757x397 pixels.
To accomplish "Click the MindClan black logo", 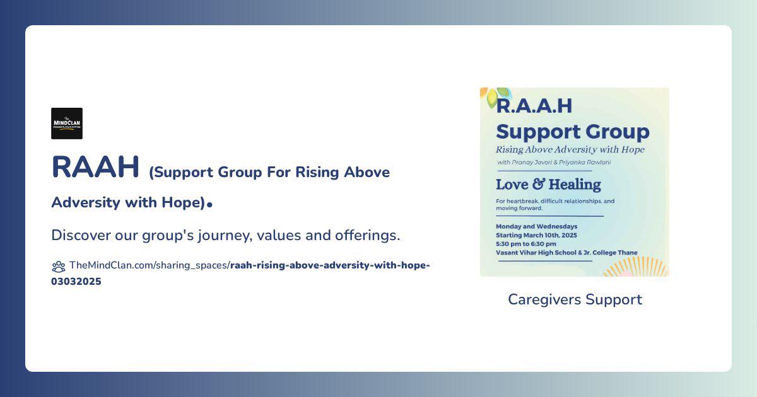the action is click(67, 124).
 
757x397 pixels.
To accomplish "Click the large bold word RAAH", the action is click(95, 167).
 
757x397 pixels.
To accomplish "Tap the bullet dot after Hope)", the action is click(209, 205).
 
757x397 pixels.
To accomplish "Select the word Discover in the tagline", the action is click(81, 235).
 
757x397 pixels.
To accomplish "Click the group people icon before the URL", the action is click(59, 267).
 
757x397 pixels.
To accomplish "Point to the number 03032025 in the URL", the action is click(76, 282).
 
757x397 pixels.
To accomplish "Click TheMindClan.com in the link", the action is click(111, 265).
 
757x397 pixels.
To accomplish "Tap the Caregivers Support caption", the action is click(575, 299).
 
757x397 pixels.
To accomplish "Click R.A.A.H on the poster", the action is click(534, 106).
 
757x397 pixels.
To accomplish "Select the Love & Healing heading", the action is click(548, 184).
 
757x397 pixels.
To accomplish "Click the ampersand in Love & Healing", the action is click(538, 184).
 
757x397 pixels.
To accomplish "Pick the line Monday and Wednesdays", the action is click(536, 226).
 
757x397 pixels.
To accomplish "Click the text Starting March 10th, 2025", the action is click(536, 235).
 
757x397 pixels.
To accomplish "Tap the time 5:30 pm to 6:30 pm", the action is click(526, 244).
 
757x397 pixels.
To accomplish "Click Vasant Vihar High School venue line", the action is click(566, 253).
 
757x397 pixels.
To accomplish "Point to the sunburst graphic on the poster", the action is click(635, 267).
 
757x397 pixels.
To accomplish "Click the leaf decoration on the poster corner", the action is click(495, 96).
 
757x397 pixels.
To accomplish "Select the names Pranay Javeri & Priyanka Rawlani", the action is click(561, 163).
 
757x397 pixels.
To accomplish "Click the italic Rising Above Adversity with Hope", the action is click(570, 149).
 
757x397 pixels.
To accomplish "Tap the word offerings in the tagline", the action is click(367, 235).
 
